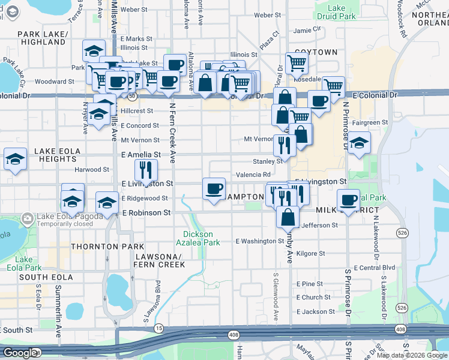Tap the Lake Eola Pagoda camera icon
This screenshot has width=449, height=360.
click(26, 218)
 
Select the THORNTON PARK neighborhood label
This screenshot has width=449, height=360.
click(107, 247)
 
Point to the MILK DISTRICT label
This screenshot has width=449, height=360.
click(347, 210)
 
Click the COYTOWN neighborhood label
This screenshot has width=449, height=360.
click(315, 52)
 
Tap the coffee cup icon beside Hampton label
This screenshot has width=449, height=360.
click(214, 188)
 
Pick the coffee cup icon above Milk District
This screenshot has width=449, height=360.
click(348, 199)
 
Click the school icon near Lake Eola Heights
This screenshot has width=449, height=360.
click(16, 159)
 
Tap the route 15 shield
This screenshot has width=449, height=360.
click(158, 328)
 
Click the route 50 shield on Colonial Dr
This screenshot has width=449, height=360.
click(131, 96)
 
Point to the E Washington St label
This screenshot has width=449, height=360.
click(259, 241)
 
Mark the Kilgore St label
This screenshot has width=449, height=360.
click(310, 253)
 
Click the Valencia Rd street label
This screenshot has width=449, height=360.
click(252, 175)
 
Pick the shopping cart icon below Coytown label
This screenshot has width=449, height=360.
click(297, 62)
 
